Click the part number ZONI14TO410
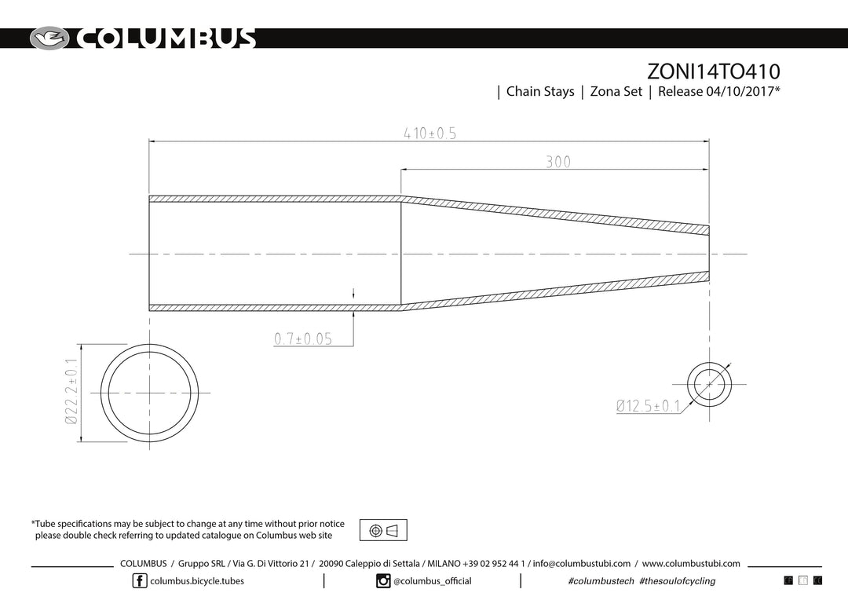coord(713,71)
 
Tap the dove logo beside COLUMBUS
coord(49,38)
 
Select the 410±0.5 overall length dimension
coord(430,133)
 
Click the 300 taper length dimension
coord(558,162)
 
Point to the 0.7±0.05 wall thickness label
coord(303,338)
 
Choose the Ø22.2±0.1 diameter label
coord(71,391)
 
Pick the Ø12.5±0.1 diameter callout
coord(648,406)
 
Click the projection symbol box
coord(383,530)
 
